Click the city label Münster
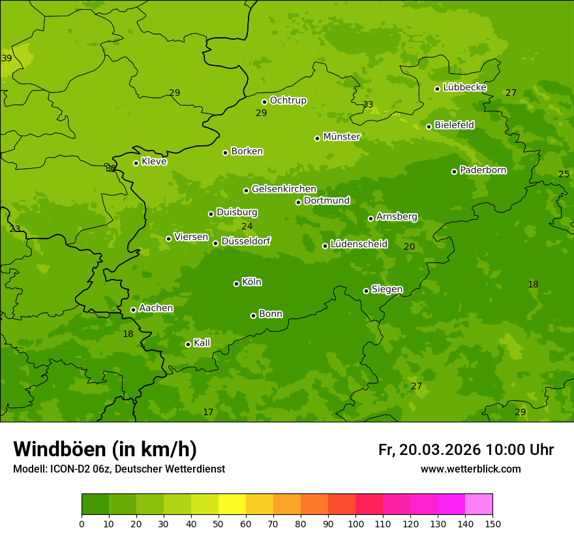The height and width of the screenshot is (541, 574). tap(342, 137)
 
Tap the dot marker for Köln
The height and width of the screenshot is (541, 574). tap(236, 284)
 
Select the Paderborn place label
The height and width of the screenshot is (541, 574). tap(483, 170)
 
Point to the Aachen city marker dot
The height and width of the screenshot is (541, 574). tap(133, 310)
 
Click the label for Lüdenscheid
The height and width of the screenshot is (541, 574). tap(359, 244)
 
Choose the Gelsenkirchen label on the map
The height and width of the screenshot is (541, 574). tap(284, 189)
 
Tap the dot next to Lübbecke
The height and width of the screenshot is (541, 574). tap(437, 89)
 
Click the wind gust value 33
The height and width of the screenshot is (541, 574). tap(368, 105)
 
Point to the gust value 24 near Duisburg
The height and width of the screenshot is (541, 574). tap(247, 227)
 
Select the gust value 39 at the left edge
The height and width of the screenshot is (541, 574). tap(7, 59)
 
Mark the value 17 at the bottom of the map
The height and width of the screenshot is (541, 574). tap(208, 413)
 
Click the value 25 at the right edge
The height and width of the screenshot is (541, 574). tap(564, 174)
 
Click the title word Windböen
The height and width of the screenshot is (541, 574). tap(59, 449)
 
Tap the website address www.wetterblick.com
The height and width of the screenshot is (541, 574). tap(470, 469)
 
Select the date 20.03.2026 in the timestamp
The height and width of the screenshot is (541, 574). tap(440, 450)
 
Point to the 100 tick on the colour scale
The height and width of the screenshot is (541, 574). tap(355, 523)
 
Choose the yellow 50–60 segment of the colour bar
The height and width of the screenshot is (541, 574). tap(232, 504)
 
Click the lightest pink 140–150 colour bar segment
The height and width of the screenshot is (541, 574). tap(479, 504)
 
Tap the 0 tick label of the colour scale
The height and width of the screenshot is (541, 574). tap(82, 523)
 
